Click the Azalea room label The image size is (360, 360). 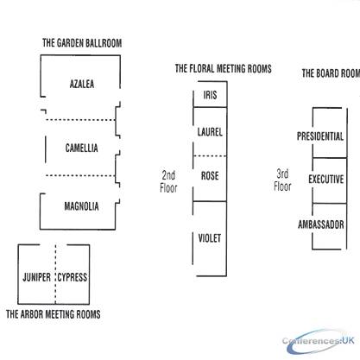click(82, 84)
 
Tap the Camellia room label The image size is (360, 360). click(81, 148)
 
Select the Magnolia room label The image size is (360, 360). click(81, 206)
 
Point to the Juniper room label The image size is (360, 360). click(36, 277)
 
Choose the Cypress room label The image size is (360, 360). click(73, 277)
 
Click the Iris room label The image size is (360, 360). click(210, 95)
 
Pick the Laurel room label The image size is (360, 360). click(210, 132)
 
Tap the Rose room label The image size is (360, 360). click(210, 175)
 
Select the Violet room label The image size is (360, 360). click(210, 238)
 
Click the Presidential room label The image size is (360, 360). click(320, 136)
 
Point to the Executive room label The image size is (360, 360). click(326, 180)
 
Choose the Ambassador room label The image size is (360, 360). click(321, 224)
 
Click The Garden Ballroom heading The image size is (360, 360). click(82, 43)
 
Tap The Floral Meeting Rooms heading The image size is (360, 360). click(224, 68)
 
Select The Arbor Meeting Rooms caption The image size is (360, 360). click(54, 314)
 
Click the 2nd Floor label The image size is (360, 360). click(168, 181)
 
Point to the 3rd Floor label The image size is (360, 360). click(282, 180)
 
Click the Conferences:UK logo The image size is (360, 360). click(319, 342)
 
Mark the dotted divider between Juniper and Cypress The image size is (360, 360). click(55, 274)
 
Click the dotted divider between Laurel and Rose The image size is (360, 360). click(210, 156)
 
